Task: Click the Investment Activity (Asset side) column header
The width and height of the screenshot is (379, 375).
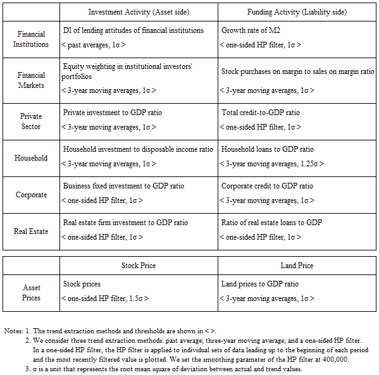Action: [139, 11]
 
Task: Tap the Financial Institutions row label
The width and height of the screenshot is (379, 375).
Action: [31, 39]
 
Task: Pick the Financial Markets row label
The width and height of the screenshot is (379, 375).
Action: [31, 80]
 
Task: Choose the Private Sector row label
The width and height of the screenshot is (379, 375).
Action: [31, 121]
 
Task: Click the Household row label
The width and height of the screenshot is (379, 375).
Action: [31, 157]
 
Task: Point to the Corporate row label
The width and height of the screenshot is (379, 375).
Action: [31, 195]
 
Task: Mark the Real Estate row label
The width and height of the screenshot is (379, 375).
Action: [31, 231]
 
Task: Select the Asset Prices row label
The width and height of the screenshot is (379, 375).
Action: [31, 293]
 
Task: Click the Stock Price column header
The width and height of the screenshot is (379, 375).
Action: [139, 266]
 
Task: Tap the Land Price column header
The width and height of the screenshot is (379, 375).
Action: [297, 266]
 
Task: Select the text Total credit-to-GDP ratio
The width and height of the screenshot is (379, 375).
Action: [261, 113]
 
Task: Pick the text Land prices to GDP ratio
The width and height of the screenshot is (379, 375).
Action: [260, 284]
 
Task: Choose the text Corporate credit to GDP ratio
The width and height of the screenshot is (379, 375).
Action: [267, 186]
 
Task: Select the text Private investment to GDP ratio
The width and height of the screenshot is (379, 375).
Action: [112, 113]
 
